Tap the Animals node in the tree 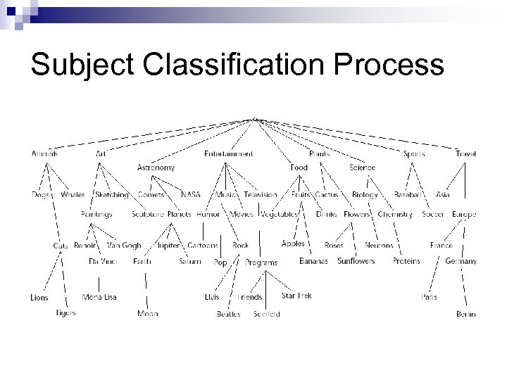click(44, 153)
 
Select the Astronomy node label click(156, 168)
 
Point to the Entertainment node click(229, 153)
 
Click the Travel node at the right click(465, 153)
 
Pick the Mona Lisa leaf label click(99, 297)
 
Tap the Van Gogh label click(124, 246)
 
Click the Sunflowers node click(356, 261)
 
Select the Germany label click(461, 261)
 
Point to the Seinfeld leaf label click(267, 314)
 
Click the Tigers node click(65, 312)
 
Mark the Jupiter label click(168, 246)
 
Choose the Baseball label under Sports click(408, 195)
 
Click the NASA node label click(190, 195)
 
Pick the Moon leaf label click(148, 314)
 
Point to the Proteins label click(406, 261)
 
